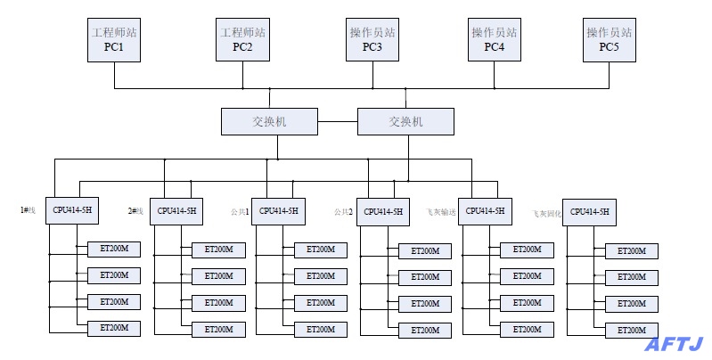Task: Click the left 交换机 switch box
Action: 270,121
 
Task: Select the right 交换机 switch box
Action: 405,121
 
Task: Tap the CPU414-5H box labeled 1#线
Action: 72,210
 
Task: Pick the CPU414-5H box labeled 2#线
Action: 177,211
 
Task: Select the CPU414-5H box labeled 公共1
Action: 278,211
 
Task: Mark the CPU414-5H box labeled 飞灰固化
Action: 589,212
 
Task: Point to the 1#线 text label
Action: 28,210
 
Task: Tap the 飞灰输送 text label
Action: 442,212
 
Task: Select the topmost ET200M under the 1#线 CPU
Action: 114,249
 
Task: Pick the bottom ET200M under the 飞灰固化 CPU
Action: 632,331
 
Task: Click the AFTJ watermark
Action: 675,343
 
